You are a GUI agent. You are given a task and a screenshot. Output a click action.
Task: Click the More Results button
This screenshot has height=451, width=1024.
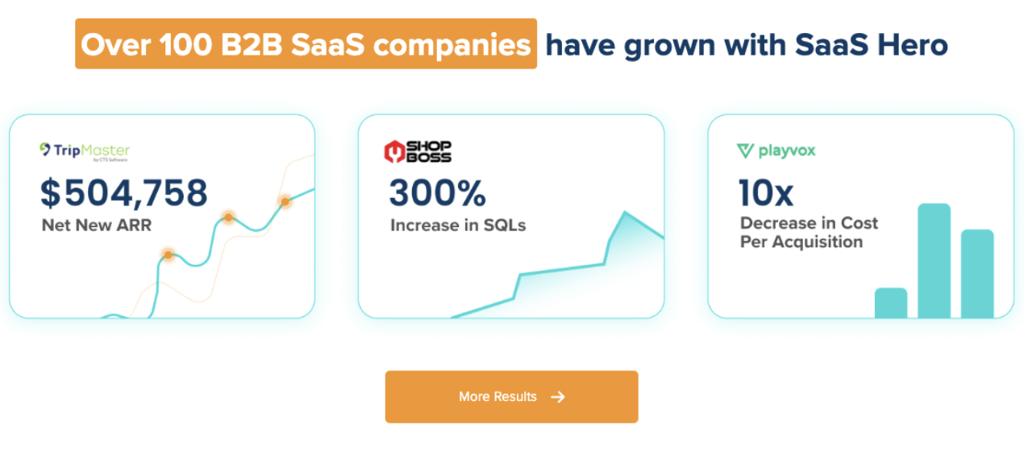(x=511, y=396)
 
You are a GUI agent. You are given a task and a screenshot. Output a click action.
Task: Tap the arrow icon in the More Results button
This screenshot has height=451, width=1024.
(x=557, y=396)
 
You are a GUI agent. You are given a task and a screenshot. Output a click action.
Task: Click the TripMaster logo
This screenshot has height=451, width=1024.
(x=85, y=151)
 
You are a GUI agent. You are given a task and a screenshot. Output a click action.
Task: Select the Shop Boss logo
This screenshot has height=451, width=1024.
(x=417, y=151)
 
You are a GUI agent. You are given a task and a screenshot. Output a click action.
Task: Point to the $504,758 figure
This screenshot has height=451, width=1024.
(x=124, y=192)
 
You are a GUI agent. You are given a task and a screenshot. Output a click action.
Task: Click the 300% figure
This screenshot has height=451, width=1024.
(x=437, y=193)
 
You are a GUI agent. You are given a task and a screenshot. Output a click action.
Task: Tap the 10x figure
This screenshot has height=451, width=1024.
(x=766, y=193)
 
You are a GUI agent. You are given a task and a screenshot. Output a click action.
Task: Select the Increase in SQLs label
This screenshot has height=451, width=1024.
(x=457, y=225)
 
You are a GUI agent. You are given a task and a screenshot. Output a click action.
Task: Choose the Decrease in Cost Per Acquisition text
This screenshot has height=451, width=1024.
(x=809, y=232)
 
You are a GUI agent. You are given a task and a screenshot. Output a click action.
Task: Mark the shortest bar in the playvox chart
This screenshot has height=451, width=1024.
(x=891, y=303)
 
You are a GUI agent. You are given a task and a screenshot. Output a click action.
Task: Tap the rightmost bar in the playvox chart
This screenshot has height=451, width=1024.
(x=977, y=273)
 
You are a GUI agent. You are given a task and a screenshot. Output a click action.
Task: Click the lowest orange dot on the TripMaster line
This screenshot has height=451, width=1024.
(x=168, y=255)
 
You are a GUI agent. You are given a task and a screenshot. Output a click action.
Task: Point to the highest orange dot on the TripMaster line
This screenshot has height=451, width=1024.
(x=285, y=201)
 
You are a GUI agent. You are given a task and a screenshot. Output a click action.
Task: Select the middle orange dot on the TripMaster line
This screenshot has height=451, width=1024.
(x=228, y=217)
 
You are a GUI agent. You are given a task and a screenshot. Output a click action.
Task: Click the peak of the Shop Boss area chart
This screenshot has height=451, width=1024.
(x=623, y=213)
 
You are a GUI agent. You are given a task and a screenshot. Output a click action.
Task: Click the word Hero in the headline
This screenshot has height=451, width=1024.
(x=914, y=44)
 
